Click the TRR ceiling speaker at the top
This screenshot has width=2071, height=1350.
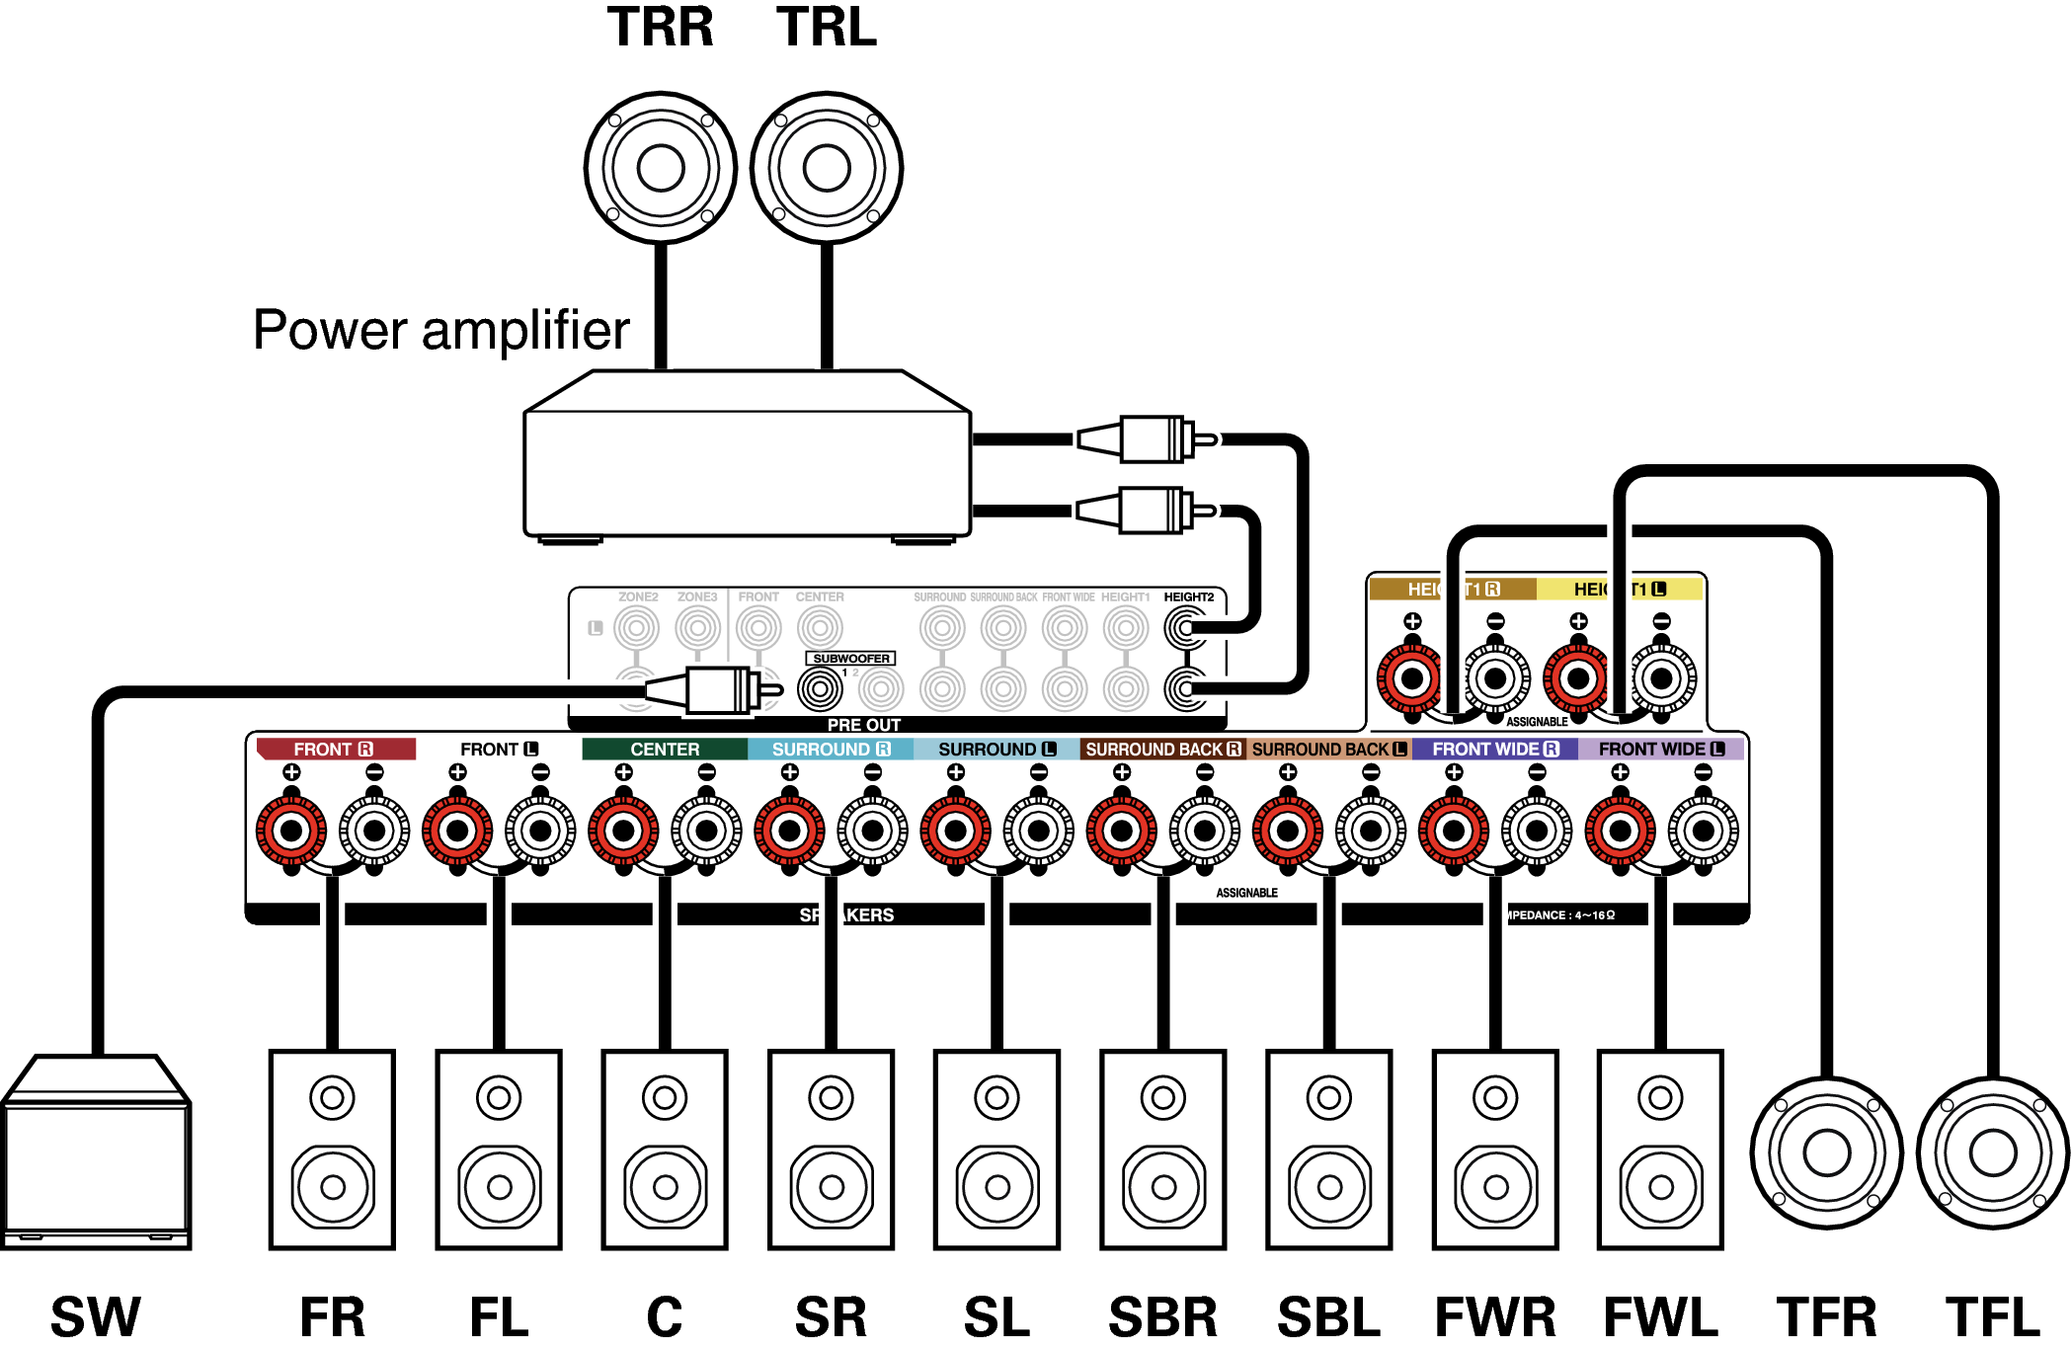click(661, 168)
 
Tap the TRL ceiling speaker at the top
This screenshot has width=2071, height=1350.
click(827, 168)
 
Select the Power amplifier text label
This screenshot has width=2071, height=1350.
click(440, 330)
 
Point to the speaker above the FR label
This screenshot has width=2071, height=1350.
click(333, 1150)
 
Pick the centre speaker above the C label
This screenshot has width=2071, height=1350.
click(665, 1150)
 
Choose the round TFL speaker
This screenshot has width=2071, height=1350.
click(1993, 1152)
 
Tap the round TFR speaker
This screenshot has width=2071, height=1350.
click(1827, 1152)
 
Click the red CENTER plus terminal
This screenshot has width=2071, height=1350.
click(623, 831)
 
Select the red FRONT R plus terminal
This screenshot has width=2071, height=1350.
click(291, 831)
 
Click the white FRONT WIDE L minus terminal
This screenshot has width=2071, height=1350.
click(1704, 831)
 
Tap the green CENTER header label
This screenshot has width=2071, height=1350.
click(665, 750)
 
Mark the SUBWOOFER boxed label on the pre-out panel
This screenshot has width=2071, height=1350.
click(850, 659)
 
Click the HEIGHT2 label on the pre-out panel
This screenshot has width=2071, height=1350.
click(1188, 597)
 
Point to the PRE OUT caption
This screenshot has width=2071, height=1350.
click(864, 725)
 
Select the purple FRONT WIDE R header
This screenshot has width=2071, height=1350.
click(1494, 750)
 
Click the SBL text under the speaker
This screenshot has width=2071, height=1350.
click(1329, 1317)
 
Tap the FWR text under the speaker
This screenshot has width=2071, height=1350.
click(1495, 1317)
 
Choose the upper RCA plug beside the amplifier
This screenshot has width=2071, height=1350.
click(1146, 439)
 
